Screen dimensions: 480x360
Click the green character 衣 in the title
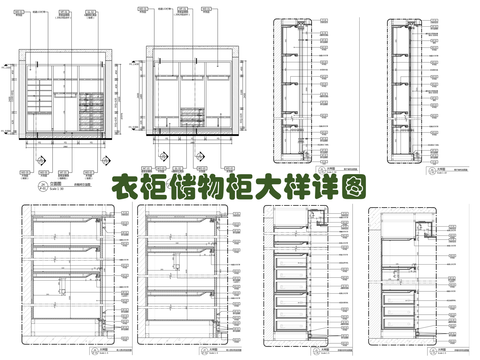(124, 188)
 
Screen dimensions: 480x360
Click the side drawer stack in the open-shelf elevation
(90, 112)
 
